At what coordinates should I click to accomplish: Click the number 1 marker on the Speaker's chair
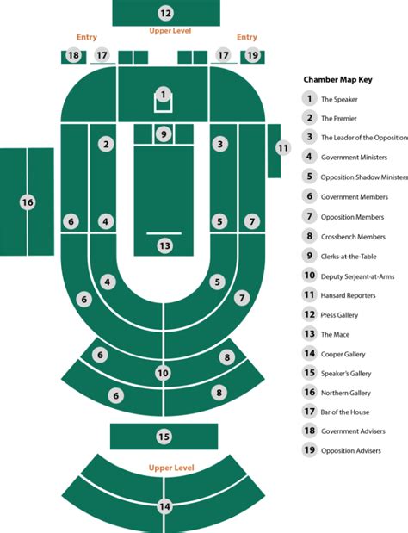pos(164,94)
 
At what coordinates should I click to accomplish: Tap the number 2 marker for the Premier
pos(107,144)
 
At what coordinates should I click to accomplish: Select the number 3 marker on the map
pos(220,144)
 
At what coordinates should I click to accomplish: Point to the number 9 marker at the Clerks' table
pos(164,134)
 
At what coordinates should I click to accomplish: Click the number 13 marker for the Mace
pos(164,245)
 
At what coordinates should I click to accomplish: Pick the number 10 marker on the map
pos(163,373)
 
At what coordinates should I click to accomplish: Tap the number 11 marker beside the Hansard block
pos(283,148)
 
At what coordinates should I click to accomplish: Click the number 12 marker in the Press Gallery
pos(165,14)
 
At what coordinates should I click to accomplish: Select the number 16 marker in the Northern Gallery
pos(28,202)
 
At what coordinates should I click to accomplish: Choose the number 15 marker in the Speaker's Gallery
pos(164,437)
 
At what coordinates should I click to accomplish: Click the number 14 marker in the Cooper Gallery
pos(164,507)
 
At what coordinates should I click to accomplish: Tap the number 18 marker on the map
pos(73,55)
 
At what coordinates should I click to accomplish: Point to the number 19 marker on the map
pos(252,55)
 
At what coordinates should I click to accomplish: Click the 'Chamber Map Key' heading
pos(337,80)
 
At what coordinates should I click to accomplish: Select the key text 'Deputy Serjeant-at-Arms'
pos(358,276)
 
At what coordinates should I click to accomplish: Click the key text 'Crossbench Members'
pos(353,237)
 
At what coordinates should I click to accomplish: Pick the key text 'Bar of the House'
pos(345,412)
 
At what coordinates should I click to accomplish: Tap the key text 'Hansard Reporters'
pos(349,295)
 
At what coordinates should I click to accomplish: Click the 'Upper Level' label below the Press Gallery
pos(170,31)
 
